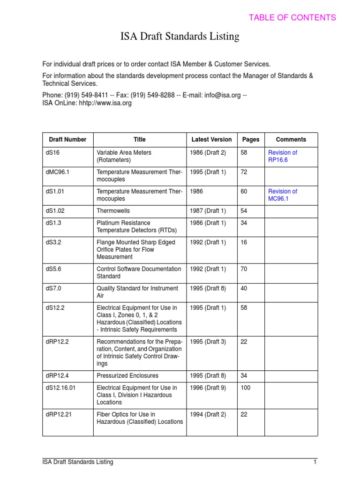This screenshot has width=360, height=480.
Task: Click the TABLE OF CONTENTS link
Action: point(292,18)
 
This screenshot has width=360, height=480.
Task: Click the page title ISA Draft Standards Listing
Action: point(180,36)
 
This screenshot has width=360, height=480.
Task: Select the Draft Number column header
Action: point(67,140)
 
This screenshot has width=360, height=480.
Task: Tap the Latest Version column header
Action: point(211,140)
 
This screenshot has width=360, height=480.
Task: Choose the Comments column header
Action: point(291,140)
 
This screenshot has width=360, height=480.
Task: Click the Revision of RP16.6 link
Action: point(282,157)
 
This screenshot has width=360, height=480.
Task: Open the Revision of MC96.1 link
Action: point(282,195)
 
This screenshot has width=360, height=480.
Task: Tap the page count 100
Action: point(245,388)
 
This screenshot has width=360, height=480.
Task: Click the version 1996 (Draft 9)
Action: point(208,388)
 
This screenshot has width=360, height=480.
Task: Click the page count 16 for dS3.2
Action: point(243,242)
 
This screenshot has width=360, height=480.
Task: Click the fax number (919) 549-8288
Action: point(157,95)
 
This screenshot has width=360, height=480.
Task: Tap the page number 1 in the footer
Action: point(315,462)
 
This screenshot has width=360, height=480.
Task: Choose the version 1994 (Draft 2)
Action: point(208,414)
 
